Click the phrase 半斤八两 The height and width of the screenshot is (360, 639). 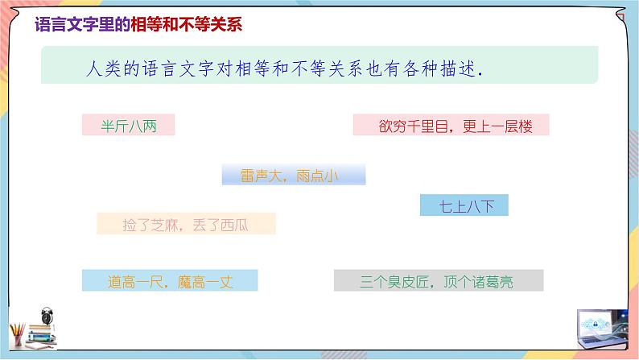(x=128, y=126)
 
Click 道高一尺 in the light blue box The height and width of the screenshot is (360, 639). (x=134, y=282)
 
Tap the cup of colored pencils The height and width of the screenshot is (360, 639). (x=17, y=334)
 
